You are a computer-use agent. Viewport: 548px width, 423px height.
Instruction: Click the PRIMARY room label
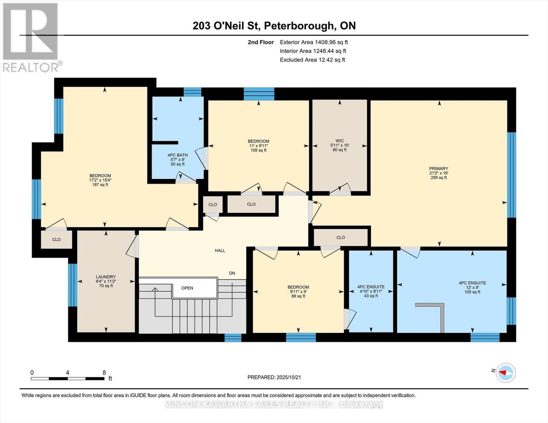click(x=439, y=169)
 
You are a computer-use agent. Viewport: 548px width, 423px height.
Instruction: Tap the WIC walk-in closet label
click(x=339, y=141)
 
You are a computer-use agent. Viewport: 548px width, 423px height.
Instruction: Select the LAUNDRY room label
click(x=106, y=277)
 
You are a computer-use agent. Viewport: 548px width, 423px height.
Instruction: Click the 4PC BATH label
click(x=177, y=155)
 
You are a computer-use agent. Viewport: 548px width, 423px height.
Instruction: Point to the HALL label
click(x=220, y=251)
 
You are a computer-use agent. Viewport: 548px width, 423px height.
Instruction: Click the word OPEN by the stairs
click(x=187, y=288)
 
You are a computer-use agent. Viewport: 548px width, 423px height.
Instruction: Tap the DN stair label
click(x=232, y=273)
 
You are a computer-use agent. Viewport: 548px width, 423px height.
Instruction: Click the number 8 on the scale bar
click(x=104, y=373)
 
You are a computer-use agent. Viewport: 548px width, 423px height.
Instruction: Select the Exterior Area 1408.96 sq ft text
click(x=314, y=42)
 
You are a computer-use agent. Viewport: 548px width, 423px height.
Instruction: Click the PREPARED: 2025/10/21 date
click(x=274, y=378)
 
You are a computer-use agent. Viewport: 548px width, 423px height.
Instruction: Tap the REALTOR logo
click(x=31, y=37)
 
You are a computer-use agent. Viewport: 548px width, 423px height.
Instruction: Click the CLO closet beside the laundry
click(x=56, y=240)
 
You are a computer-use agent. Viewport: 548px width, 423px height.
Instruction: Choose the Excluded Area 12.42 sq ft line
click(x=312, y=60)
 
